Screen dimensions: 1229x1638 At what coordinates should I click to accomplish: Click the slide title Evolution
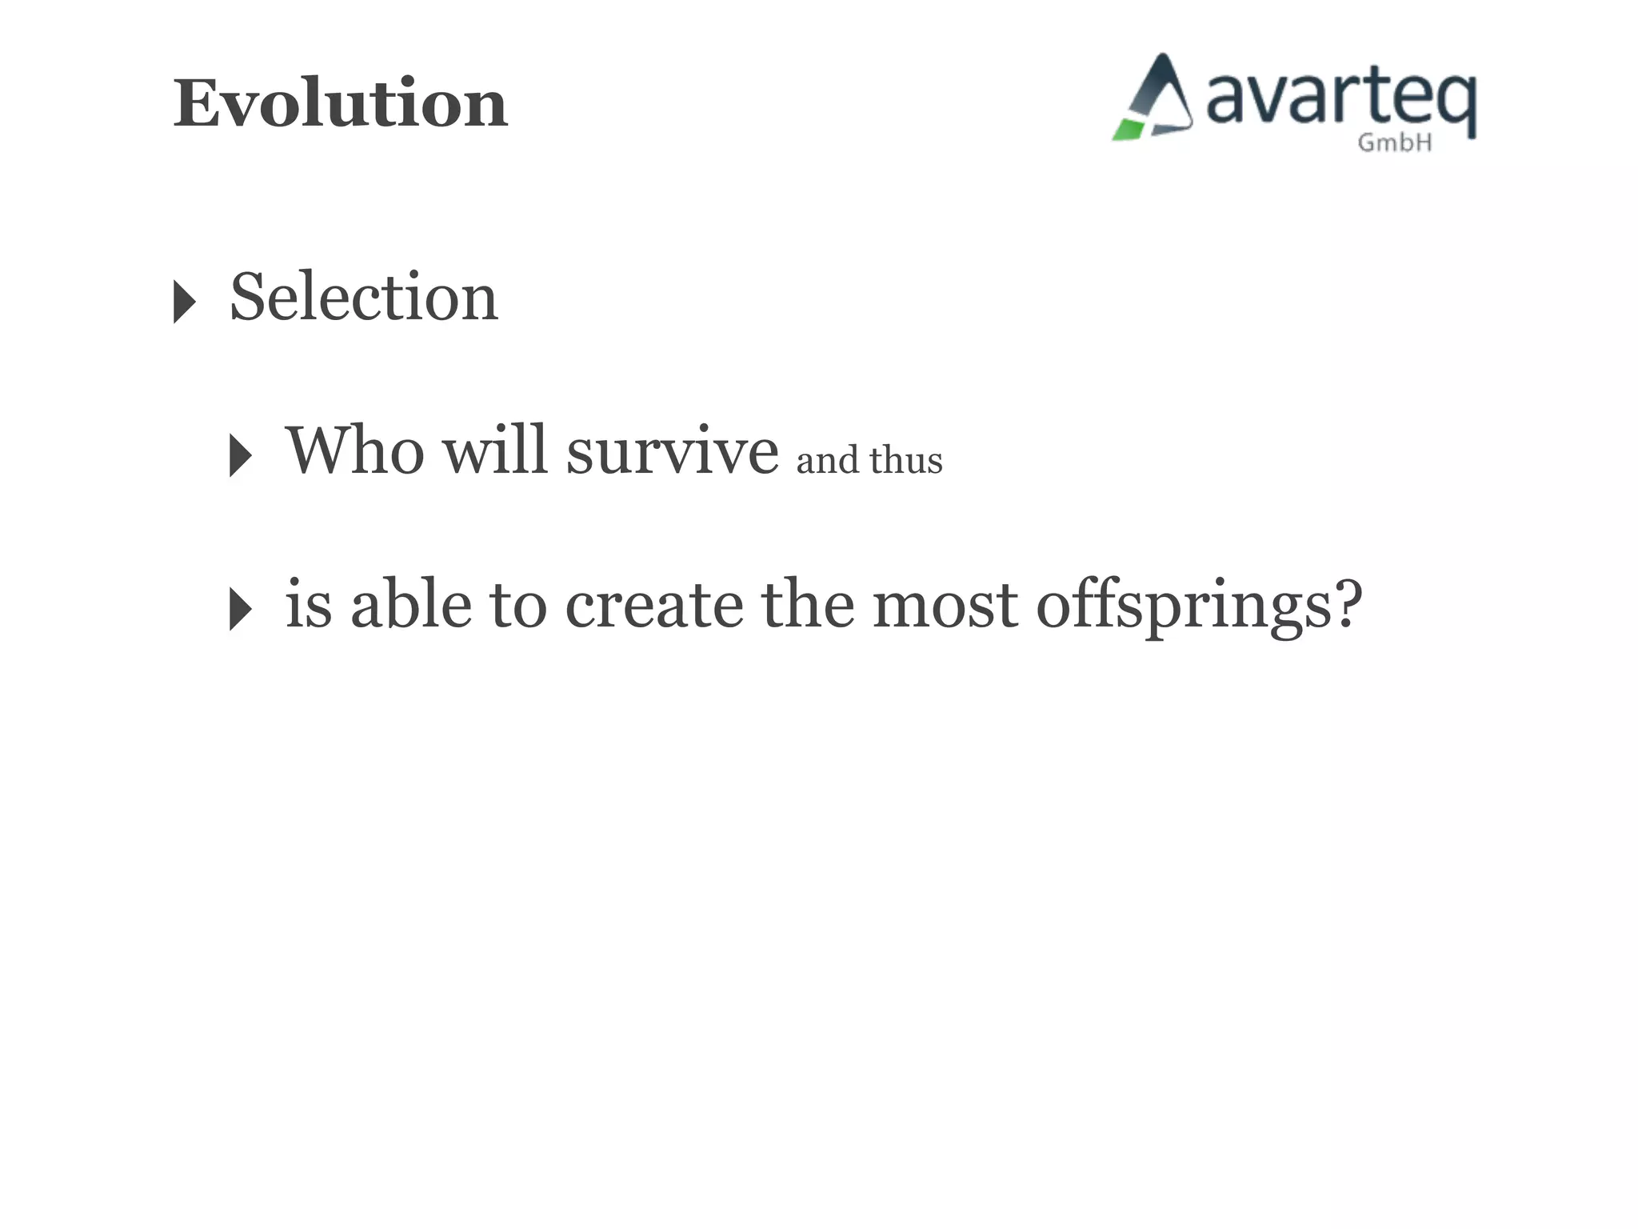coord(341,104)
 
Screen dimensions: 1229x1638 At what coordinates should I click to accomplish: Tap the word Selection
coord(364,298)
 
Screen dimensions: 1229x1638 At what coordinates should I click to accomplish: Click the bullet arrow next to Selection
coord(185,302)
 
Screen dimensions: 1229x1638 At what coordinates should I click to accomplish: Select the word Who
coord(354,450)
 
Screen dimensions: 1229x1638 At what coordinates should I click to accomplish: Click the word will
coord(494,450)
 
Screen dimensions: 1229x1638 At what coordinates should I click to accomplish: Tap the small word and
coord(826,461)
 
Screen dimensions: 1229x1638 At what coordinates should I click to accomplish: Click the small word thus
coord(905,461)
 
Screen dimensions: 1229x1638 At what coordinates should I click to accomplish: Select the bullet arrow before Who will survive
coord(240,456)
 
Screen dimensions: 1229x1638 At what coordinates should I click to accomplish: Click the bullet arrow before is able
coord(240,609)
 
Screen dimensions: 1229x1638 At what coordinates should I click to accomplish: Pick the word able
coord(411,605)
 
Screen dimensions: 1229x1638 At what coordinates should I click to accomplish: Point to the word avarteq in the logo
coord(1340,102)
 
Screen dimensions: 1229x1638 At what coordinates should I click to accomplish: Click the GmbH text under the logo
coord(1394,143)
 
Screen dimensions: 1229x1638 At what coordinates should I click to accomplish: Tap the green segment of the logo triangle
coord(1129,130)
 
